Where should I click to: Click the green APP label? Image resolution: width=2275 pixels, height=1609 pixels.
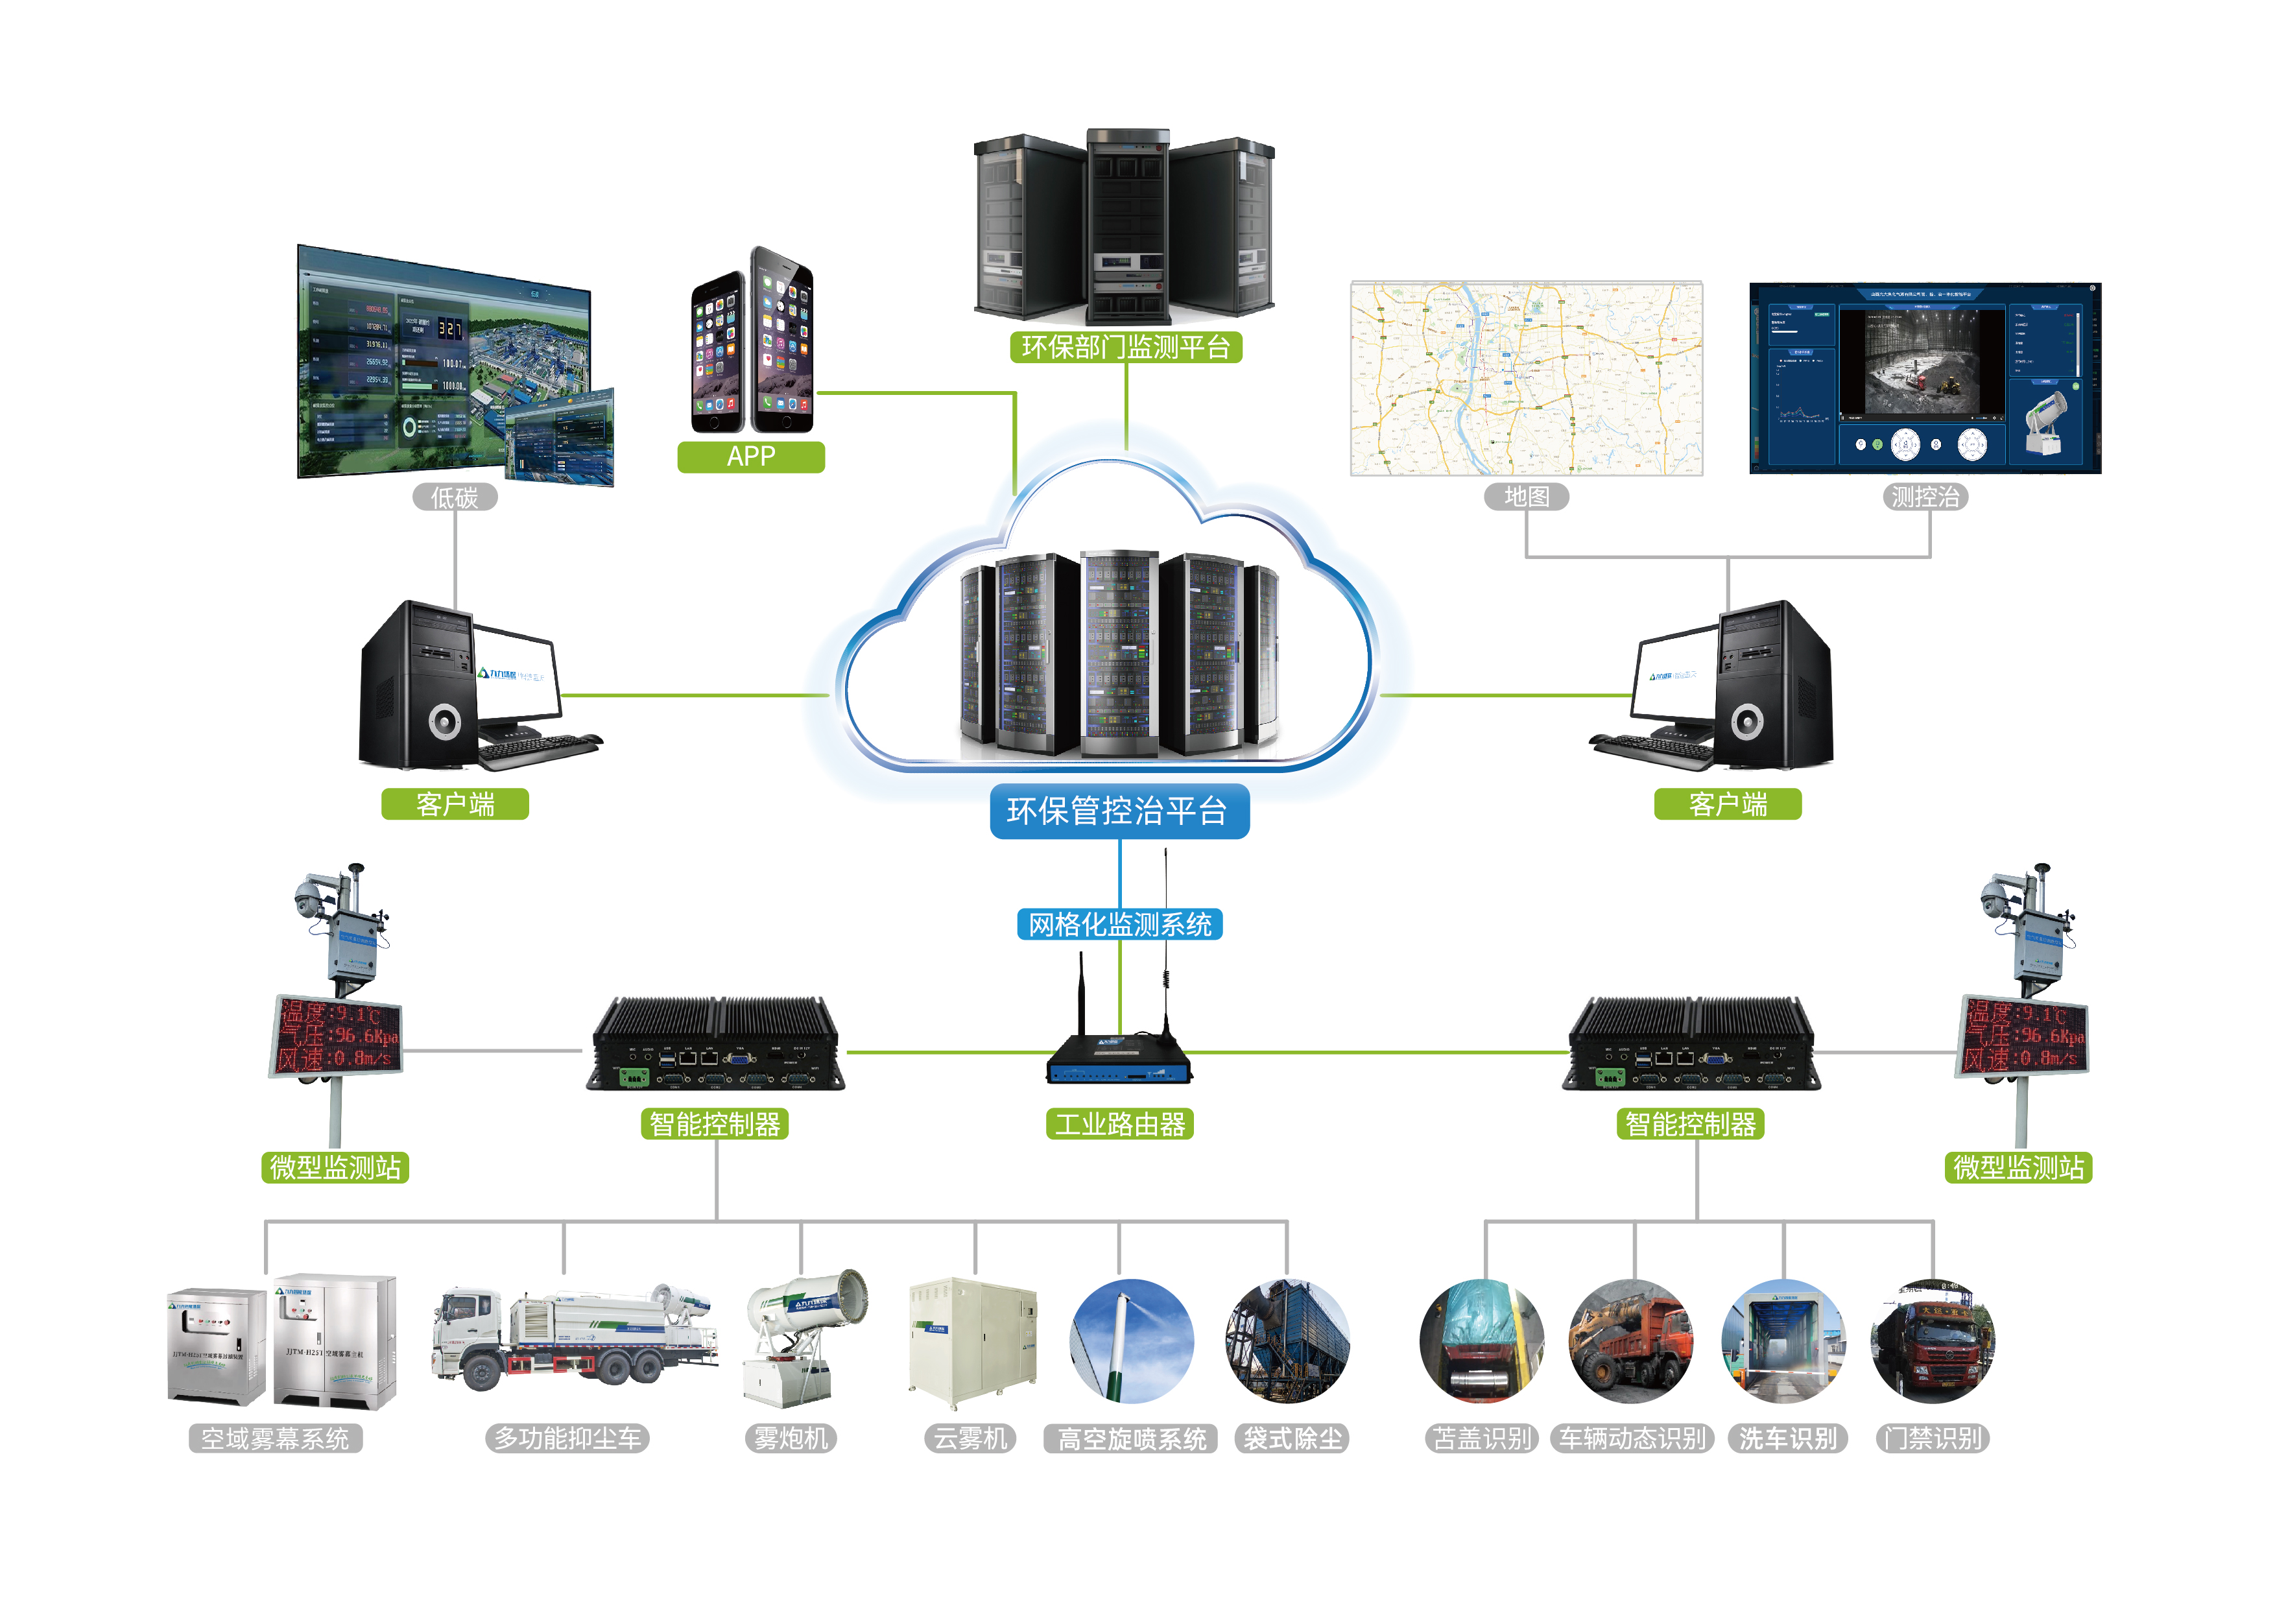[x=750, y=457]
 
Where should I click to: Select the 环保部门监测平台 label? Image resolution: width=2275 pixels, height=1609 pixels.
[x=1126, y=347]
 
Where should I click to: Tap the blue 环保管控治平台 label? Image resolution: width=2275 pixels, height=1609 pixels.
[x=1119, y=811]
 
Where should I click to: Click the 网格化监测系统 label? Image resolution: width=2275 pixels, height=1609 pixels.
[x=1119, y=924]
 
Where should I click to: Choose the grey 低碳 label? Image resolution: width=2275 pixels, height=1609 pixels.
[x=455, y=497]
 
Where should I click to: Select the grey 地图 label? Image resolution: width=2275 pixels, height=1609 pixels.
[x=1526, y=496]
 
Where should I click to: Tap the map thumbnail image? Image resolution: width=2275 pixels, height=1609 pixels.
[x=1526, y=379]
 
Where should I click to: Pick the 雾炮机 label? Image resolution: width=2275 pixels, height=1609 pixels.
[x=791, y=1438]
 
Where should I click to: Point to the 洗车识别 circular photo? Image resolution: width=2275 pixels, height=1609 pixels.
[x=1783, y=1342]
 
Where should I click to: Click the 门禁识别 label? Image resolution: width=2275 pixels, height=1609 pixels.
[x=1932, y=1438]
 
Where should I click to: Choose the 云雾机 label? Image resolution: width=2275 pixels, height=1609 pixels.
[x=970, y=1438]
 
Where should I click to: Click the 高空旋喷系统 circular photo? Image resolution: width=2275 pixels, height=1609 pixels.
[x=1132, y=1342]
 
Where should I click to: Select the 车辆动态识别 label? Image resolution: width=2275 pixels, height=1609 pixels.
[x=1632, y=1438]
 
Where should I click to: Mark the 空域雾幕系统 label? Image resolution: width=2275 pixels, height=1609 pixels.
[x=276, y=1438]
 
